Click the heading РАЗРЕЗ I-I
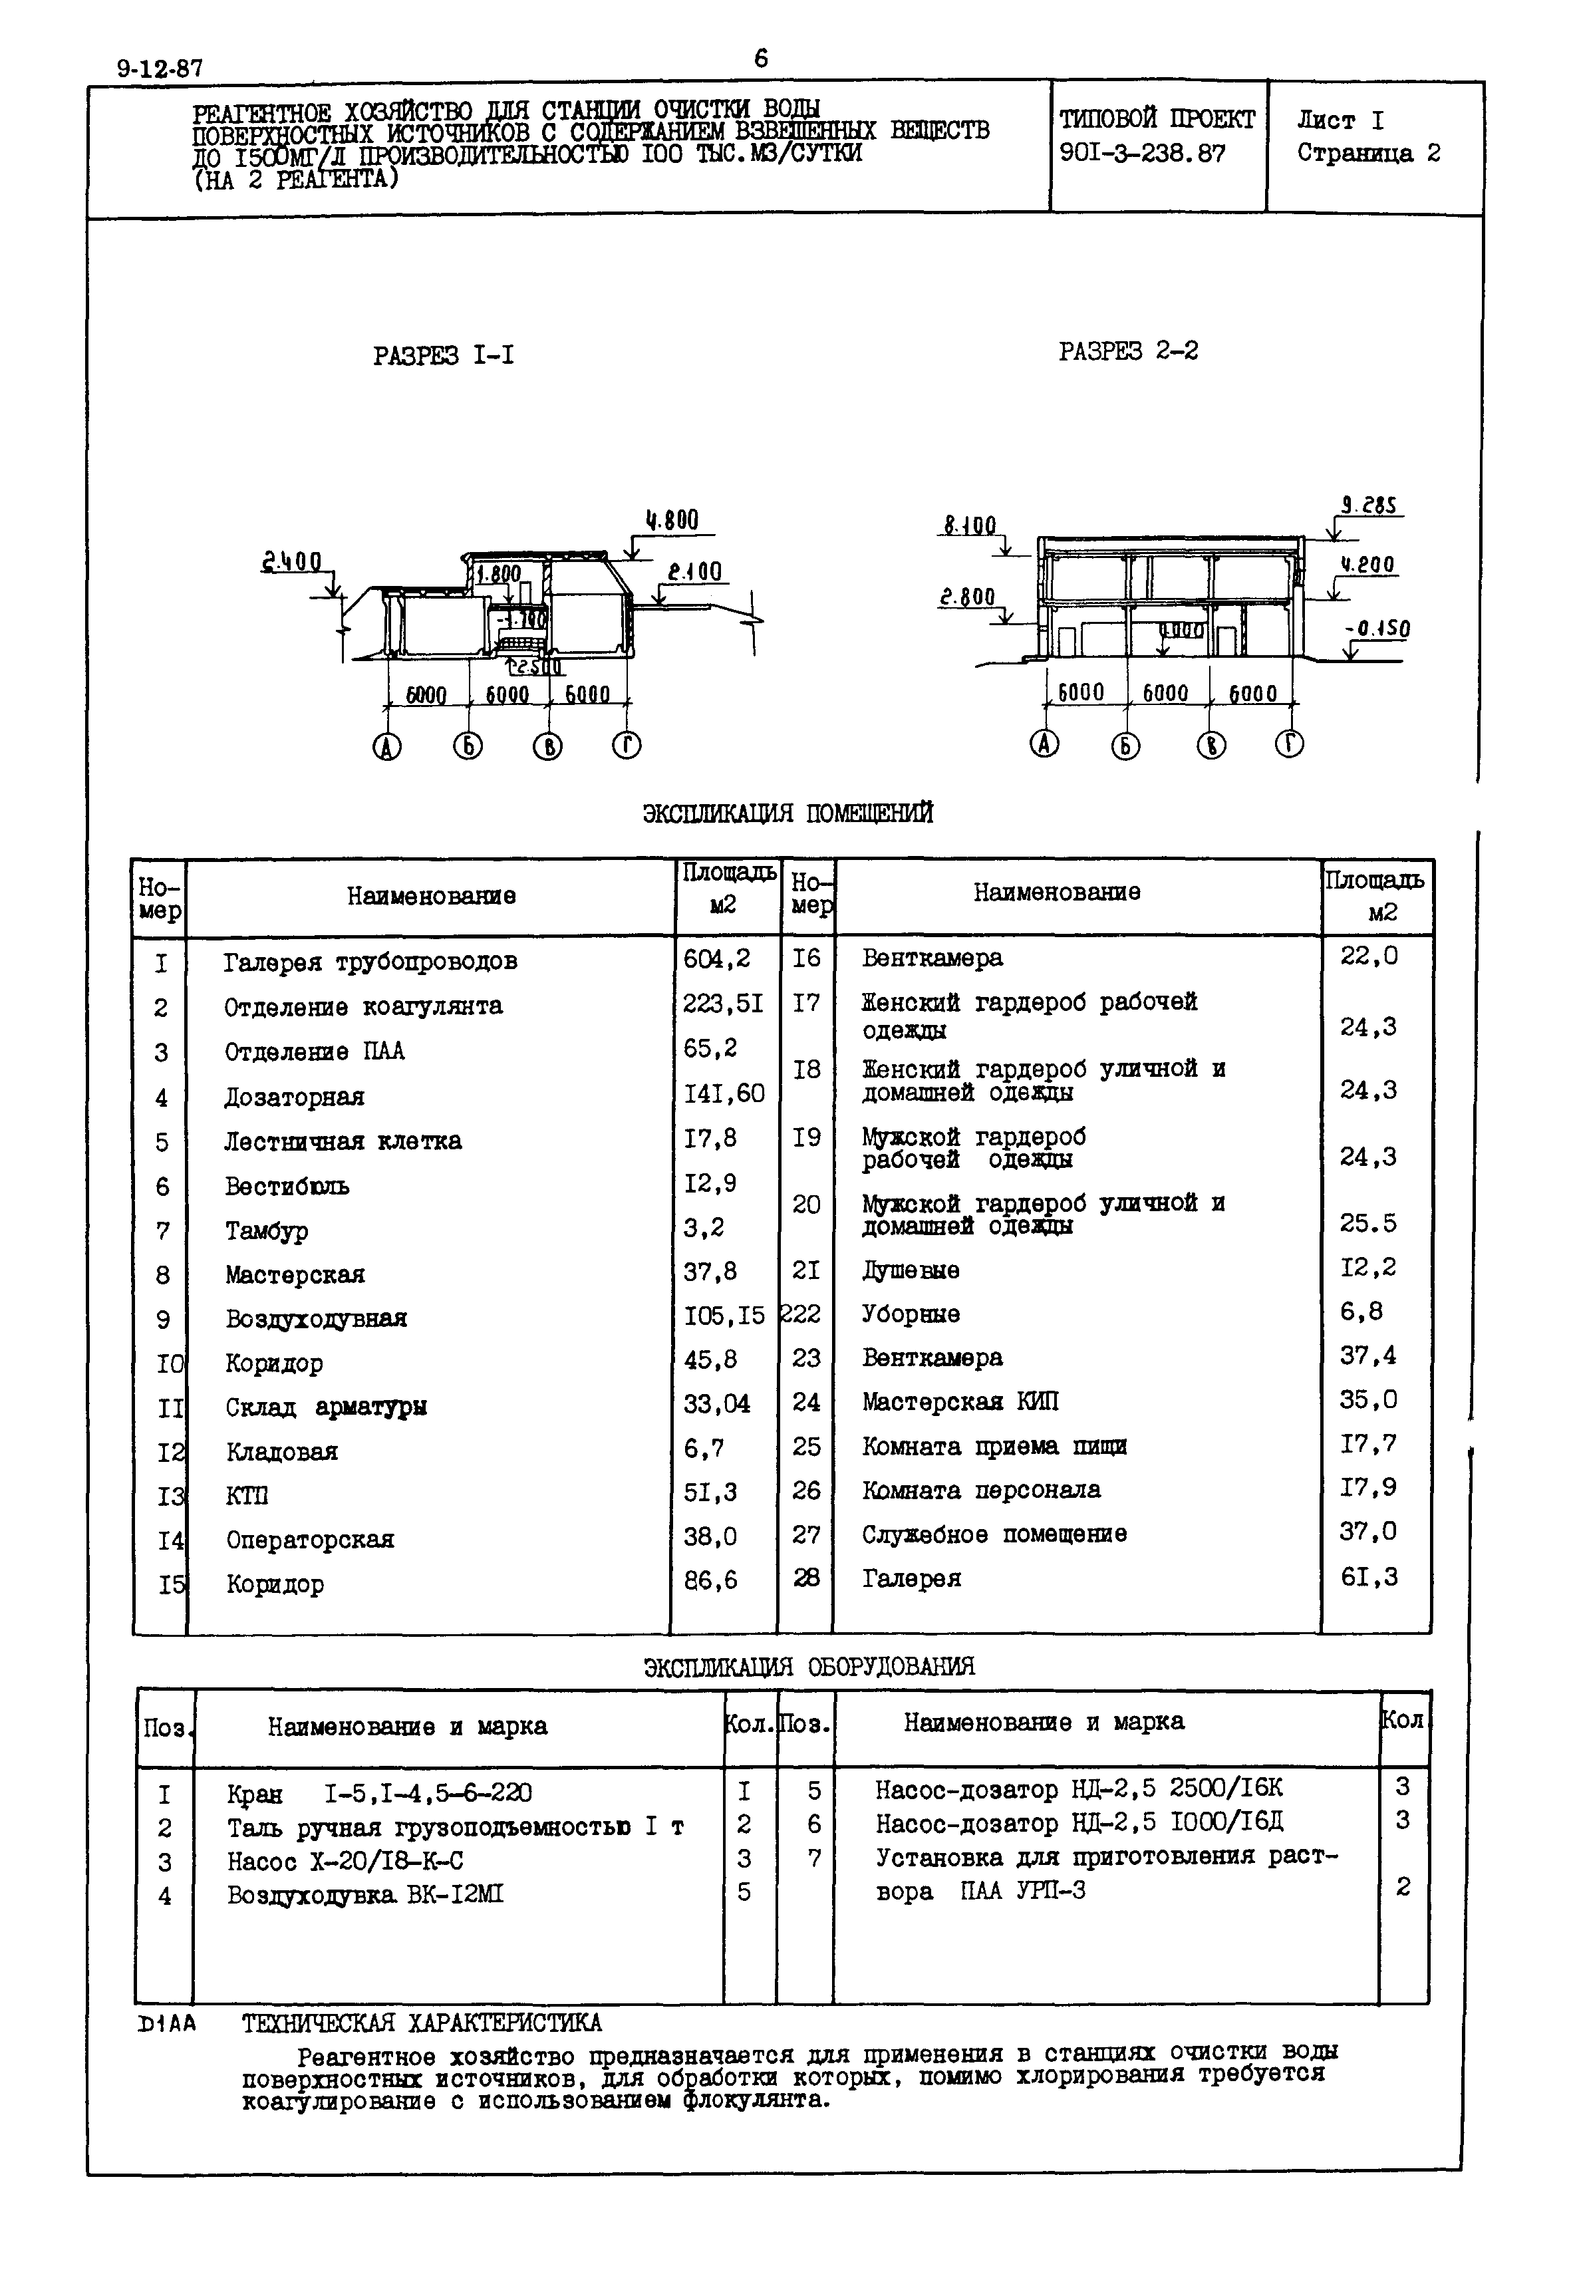pyautogui.click(x=443, y=355)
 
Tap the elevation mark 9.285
pyautogui.click(x=1369, y=506)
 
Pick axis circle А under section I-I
pyautogui.click(x=387, y=748)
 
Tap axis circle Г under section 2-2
pyautogui.click(x=1290, y=744)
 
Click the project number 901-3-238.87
pyautogui.click(x=1143, y=154)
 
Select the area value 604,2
pyautogui.click(x=716, y=958)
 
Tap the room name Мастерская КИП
pyautogui.click(x=960, y=1401)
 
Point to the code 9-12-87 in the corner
pyautogui.click(x=160, y=69)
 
